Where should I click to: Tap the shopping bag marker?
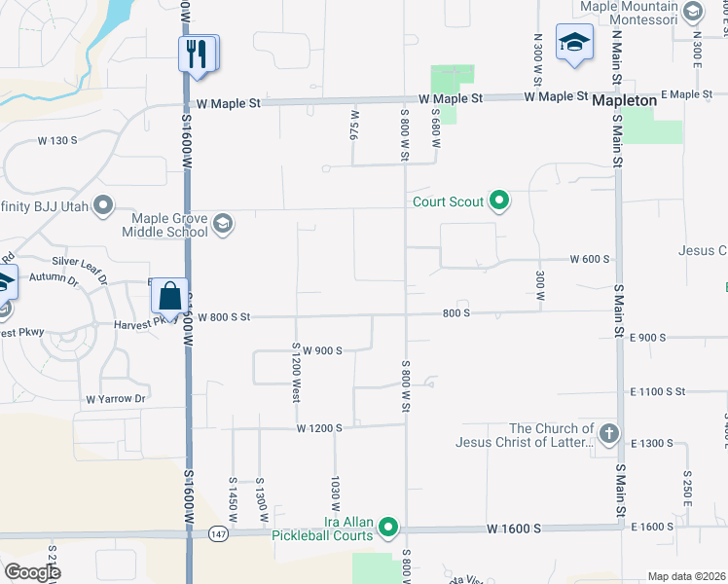(x=169, y=295)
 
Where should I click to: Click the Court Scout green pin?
(x=499, y=201)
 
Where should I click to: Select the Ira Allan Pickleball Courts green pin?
(x=388, y=529)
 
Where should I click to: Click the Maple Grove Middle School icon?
(x=222, y=225)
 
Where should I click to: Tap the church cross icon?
(x=608, y=434)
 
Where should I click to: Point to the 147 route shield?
(x=216, y=533)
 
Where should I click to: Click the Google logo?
(x=32, y=572)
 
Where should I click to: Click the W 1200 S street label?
(x=320, y=428)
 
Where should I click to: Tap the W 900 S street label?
(x=322, y=350)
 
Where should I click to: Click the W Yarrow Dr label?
(x=115, y=399)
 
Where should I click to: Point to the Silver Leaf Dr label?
(x=82, y=262)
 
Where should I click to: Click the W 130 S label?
(x=57, y=140)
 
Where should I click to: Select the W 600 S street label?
(x=589, y=260)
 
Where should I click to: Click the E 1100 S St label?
(x=658, y=391)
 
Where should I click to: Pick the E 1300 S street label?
(x=652, y=443)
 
